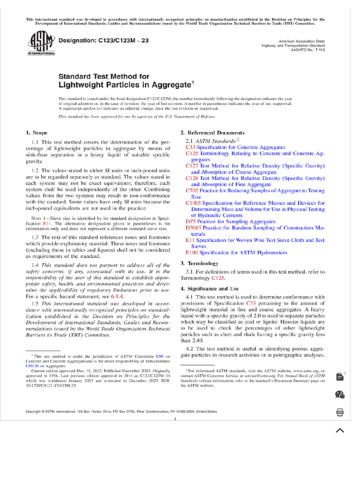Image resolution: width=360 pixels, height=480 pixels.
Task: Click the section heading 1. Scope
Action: pyautogui.click(x=37, y=133)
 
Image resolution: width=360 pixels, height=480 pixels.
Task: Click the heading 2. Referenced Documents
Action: pyautogui.click(x=212, y=133)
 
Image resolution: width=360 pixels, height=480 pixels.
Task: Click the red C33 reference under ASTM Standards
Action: pyautogui.click(x=190, y=147)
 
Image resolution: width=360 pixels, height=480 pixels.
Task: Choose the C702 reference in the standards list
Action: pyautogui.click(x=192, y=191)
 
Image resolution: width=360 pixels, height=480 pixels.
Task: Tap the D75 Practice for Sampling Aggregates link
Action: pyautogui.click(x=230, y=221)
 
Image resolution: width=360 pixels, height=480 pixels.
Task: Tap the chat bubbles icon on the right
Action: pyautogui.click(x=340, y=395)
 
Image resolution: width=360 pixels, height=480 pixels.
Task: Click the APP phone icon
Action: pyautogui.click(x=340, y=412)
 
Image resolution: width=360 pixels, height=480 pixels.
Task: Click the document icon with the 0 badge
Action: pyautogui.click(x=340, y=376)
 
